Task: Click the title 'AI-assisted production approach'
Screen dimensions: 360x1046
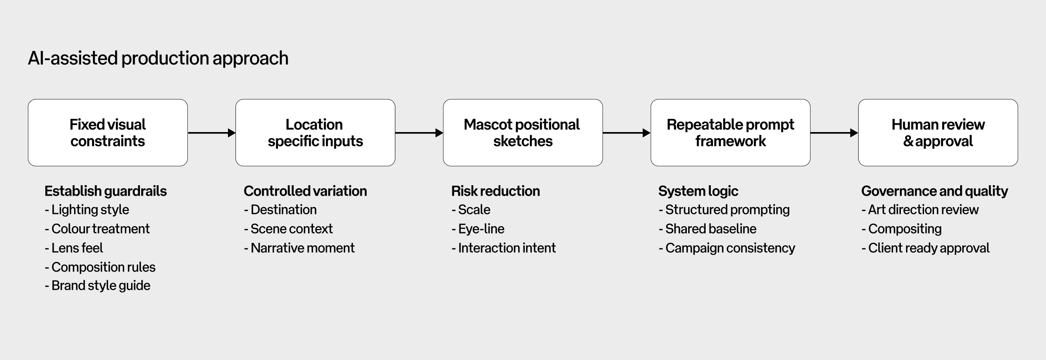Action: click(158, 58)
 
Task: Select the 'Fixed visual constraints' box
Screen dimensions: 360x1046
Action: click(108, 132)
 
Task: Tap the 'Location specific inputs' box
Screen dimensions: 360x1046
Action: click(315, 132)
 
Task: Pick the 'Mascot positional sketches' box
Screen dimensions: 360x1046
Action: click(523, 132)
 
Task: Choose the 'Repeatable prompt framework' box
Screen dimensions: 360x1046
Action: click(730, 132)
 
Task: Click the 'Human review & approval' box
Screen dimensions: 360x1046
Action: click(938, 132)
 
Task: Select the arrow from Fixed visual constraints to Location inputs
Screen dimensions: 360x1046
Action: click(211, 133)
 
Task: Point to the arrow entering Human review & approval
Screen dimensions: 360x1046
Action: click(834, 133)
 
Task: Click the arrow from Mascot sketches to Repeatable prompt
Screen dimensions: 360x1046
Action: click(626, 133)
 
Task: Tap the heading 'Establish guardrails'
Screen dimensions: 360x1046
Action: click(105, 191)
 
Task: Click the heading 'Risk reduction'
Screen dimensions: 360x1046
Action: click(496, 191)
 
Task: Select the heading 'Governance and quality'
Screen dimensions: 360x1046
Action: click(934, 191)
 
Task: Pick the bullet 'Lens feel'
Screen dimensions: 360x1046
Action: click(77, 248)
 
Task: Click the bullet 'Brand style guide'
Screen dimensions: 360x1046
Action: click(100, 285)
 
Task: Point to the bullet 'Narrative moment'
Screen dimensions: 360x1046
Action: click(302, 248)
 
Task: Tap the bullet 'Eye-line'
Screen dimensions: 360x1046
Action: click(481, 229)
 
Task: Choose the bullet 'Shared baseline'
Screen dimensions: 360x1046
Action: click(710, 229)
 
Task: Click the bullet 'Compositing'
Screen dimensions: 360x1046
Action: click(904, 229)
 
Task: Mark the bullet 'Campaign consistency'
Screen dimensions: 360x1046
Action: click(730, 248)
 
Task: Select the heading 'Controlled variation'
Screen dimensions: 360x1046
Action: click(305, 191)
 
